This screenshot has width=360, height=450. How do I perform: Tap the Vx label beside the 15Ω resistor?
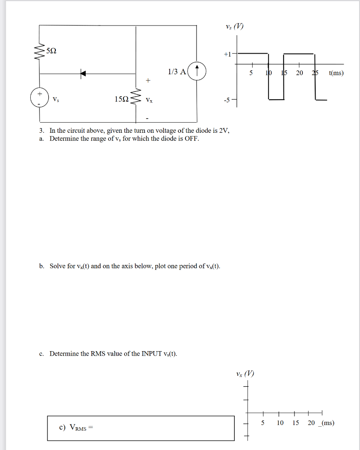[x=150, y=100]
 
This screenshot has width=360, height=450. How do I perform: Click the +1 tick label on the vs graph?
[x=227, y=54]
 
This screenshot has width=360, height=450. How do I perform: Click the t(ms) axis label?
[x=336, y=73]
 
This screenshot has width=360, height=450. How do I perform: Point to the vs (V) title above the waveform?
[x=234, y=26]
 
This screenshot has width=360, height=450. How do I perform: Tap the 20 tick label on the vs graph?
[x=299, y=73]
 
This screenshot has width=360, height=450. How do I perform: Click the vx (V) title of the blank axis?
[x=245, y=374]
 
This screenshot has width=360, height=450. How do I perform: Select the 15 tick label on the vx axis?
[x=296, y=423]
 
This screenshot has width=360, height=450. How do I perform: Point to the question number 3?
[x=41, y=131]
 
